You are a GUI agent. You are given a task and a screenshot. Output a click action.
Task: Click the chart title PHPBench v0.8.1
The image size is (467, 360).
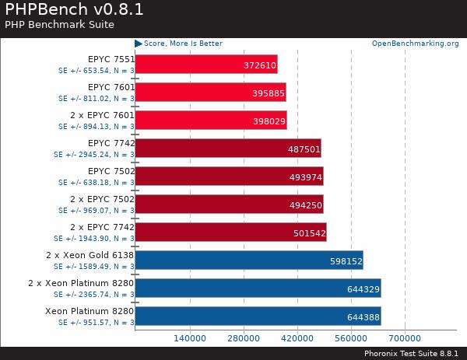pos(73,10)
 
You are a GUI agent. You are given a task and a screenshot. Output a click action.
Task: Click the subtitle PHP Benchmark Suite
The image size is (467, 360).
pos(59,25)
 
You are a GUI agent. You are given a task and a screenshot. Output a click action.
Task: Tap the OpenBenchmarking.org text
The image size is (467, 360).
pos(415,44)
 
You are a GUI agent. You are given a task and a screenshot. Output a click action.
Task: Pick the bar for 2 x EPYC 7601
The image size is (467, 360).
pos(210,121)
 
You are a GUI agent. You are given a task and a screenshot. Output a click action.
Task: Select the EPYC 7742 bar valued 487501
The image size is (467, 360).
pos(228,149)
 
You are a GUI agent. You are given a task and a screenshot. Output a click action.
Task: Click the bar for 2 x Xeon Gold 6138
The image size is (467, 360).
pos(249,260)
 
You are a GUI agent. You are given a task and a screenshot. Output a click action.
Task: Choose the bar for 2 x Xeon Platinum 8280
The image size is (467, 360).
pos(258,288)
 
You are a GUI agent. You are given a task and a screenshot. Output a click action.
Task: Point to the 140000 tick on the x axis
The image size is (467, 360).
pos(189,338)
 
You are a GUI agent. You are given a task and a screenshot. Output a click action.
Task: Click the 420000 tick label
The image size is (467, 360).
pos(297,338)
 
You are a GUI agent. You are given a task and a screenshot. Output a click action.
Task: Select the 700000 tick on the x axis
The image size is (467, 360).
pos(405,338)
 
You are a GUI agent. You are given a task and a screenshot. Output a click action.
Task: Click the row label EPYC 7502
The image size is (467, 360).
pos(111,171)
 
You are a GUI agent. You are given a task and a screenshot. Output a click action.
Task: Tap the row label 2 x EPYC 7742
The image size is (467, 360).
pos(102,227)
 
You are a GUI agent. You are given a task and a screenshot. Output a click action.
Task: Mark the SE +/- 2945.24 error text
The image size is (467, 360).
pos(94,154)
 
